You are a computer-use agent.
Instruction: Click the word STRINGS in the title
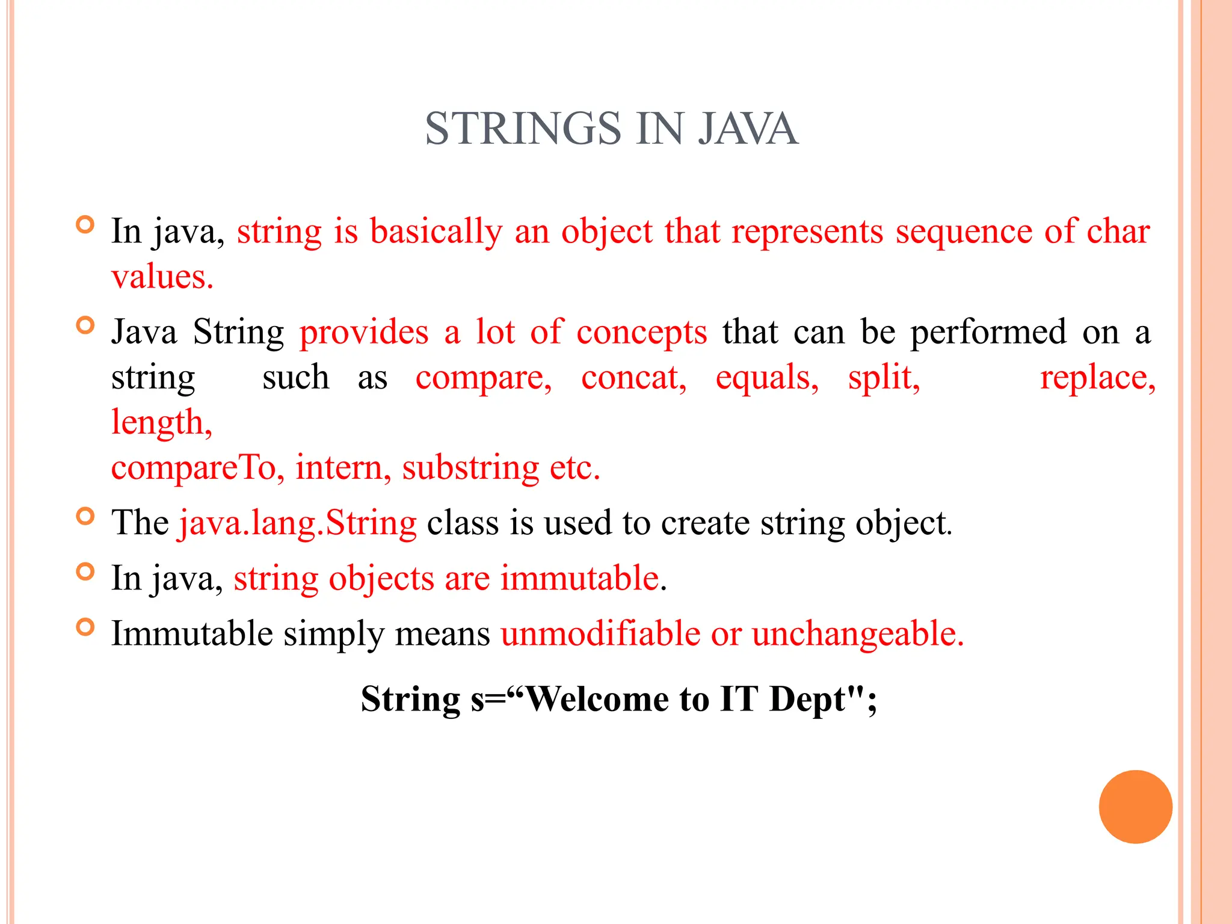(x=523, y=129)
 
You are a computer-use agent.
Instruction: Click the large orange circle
(x=1135, y=807)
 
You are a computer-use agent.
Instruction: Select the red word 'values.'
(x=162, y=277)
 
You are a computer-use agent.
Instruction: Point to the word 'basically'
(x=436, y=232)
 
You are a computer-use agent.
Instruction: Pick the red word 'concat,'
(x=634, y=378)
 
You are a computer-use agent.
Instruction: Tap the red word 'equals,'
(x=767, y=379)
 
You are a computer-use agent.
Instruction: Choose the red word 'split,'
(x=884, y=378)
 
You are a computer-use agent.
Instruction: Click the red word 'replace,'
(x=1098, y=379)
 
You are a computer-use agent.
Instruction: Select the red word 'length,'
(x=162, y=423)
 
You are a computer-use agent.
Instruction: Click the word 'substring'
(x=470, y=469)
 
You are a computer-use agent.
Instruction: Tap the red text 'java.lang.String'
(x=297, y=523)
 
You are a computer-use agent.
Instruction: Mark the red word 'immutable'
(x=579, y=579)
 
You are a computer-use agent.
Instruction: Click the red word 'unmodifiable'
(x=600, y=633)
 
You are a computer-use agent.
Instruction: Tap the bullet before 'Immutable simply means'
(x=86, y=627)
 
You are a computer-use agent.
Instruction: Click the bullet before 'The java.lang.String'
(x=86, y=516)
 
